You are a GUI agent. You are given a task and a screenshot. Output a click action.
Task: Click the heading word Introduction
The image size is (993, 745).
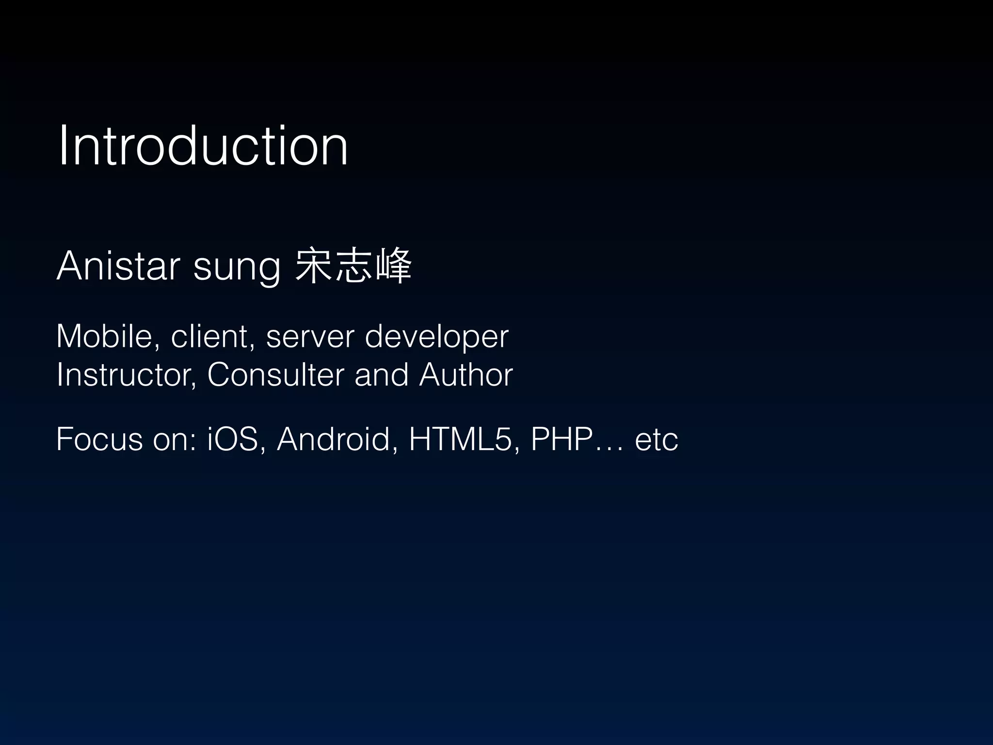pyautogui.click(x=203, y=146)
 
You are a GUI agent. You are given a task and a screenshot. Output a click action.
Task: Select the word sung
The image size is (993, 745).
pyautogui.click(x=237, y=268)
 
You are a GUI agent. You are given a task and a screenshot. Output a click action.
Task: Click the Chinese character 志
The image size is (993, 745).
pyautogui.click(x=354, y=266)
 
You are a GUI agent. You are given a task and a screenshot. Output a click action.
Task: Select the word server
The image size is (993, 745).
pyautogui.click(x=310, y=337)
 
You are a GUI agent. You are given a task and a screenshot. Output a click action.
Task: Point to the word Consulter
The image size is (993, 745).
pyautogui.click(x=275, y=375)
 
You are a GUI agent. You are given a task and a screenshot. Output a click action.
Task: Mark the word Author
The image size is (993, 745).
pyautogui.click(x=466, y=375)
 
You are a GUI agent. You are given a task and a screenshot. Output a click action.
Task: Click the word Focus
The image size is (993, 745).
pyautogui.click(x=99, y=439)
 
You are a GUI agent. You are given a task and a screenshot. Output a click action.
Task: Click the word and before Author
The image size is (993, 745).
pyautogui.click(x=381, y=375)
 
